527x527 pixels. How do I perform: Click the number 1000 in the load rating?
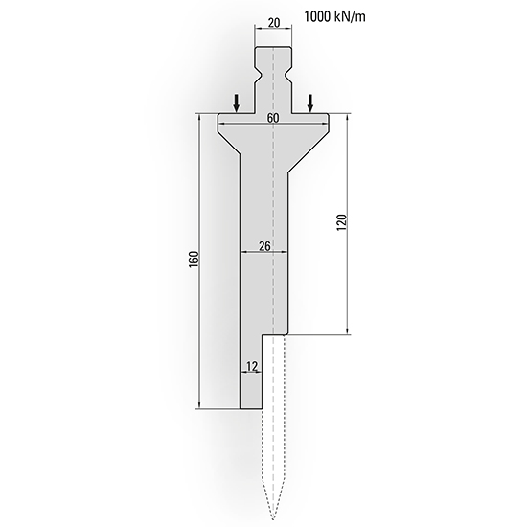point(318,16)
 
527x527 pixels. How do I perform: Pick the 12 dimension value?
point(251,366)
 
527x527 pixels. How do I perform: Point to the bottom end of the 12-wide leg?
point(251,407)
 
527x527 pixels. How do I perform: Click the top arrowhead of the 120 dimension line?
point(346,119)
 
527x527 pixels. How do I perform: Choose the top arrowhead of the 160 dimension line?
point(198,119)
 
